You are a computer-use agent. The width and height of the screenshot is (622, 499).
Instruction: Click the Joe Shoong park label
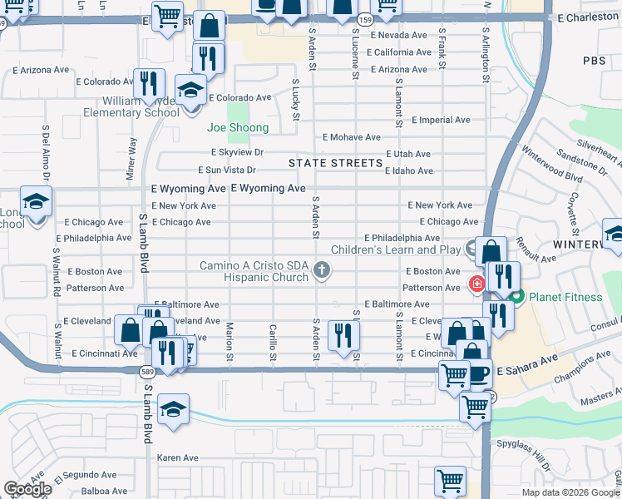[238, 128]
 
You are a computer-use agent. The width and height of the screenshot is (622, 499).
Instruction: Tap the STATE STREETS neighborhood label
[335, 163]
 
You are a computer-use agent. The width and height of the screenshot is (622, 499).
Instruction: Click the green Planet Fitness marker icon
[516, 296]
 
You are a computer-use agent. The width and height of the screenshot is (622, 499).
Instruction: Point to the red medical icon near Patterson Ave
[477, 284]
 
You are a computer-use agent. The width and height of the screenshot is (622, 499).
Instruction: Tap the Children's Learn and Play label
[396, 249]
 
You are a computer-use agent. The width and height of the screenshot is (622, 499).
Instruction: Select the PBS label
[595, 61]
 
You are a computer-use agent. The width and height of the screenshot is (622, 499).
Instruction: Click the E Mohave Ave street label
[352, 137]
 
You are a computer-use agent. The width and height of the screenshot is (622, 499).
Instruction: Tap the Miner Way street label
[131, 159]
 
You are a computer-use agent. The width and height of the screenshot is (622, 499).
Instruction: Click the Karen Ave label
[178, 458]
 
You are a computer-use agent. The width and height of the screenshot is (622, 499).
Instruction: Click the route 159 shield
[364, 17]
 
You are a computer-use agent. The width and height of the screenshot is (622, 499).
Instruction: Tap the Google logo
[27, 490]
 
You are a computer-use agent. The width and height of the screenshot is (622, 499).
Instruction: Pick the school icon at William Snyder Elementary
[190, 90]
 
